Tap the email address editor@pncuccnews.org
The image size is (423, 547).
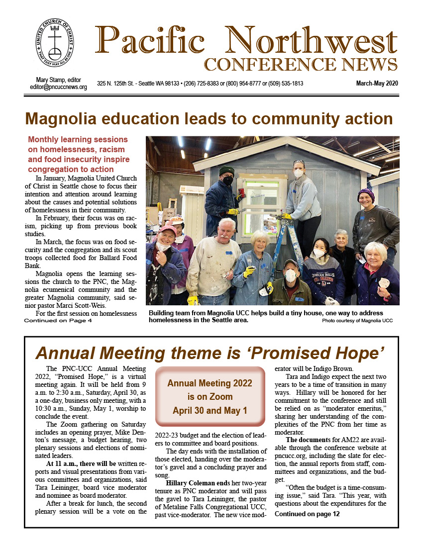59,87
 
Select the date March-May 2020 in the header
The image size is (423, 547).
377,84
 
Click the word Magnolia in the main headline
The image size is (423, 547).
63,119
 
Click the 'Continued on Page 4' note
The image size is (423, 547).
58,321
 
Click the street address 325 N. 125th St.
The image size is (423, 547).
120,84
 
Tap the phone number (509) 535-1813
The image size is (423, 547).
285,84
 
